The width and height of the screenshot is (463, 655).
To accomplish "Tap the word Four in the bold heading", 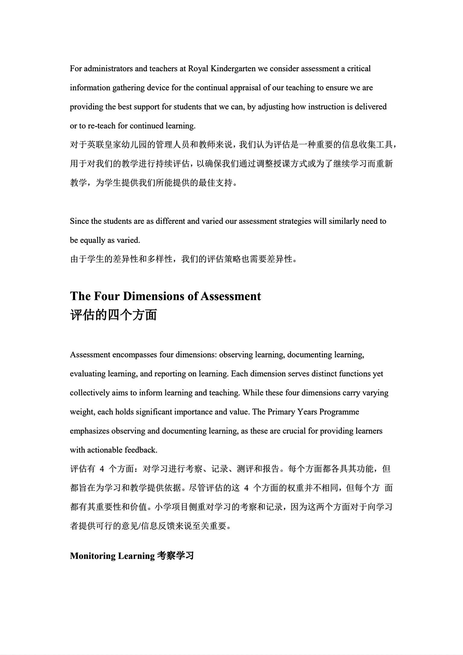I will pos(107,296).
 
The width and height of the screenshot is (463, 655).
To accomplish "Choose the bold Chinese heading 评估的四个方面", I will pos(113,315).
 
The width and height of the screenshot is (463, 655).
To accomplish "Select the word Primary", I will pos(282,412).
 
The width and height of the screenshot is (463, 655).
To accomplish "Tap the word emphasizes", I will pos(90,431).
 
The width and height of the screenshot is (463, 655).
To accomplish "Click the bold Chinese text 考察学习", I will pos(175,556).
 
